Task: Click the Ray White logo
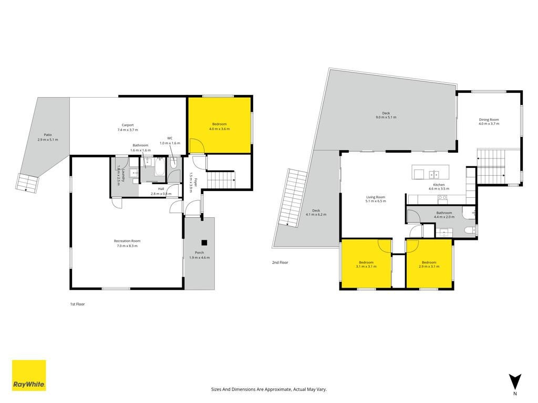(x=29, y=375)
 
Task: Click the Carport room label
(x=128, y=128)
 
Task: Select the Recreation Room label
(x=127, y=243)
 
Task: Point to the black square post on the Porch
(x=204, y=242)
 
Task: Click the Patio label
(x=48, y=137)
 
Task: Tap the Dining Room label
(x=489, y=122)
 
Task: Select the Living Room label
(x=376, y=199)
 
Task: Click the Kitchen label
(x=439, y=187)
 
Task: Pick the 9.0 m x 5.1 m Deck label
(x=386, y=115)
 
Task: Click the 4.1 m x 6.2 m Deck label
(x=316, y=213)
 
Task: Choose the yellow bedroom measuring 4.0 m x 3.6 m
(x=220, y=125)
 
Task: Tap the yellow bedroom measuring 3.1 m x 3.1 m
(x=366, y=264)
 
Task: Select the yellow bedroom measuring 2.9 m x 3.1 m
(x=429, y=264)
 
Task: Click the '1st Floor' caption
(x=78, y=304)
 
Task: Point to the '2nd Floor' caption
(x=280, y=262)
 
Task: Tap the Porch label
(x=199, y=255)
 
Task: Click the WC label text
(x=170, y=138)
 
